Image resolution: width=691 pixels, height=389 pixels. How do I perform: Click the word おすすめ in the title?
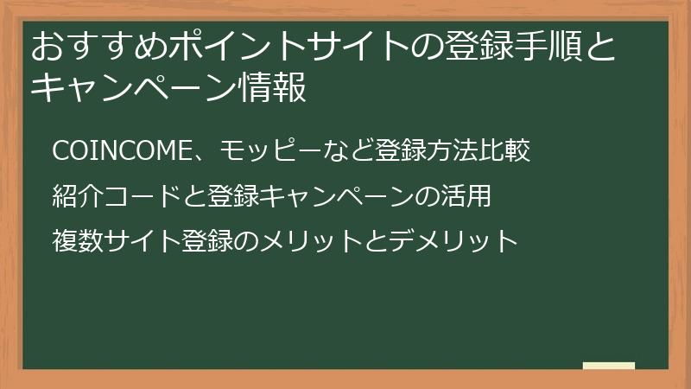[99, 47]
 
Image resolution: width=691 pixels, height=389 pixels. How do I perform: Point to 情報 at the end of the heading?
[271, 87]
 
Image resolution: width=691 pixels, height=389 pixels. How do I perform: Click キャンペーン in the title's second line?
[134, 87]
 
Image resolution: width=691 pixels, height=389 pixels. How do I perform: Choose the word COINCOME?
[121, 150]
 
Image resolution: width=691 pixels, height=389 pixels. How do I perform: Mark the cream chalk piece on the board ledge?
[609, 366]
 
